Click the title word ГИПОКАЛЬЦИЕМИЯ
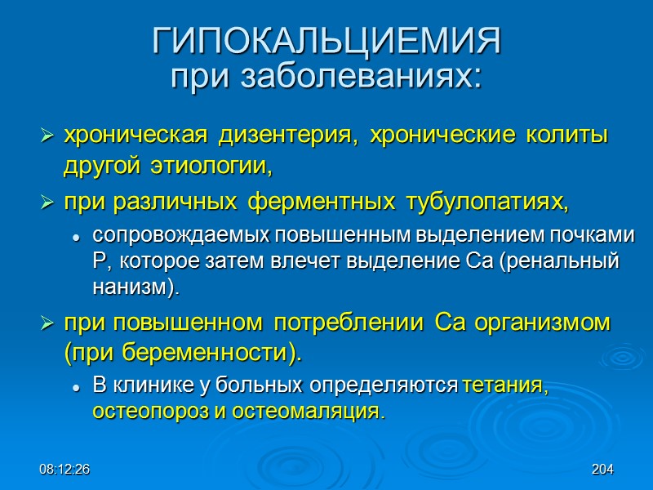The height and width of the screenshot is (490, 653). (x=326, y=42)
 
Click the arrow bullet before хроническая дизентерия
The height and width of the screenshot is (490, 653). (x=47, y=136)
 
